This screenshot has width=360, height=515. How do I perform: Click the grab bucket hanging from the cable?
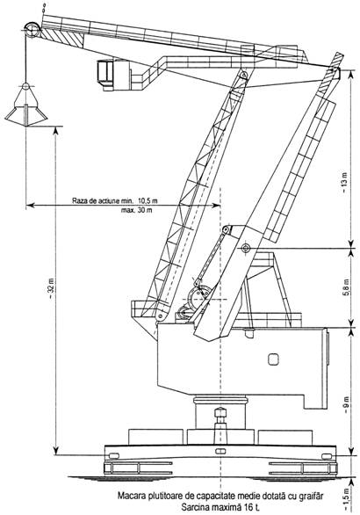[x=25, y=105]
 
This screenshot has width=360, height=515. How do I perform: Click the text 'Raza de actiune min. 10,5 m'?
[x=115, y=200]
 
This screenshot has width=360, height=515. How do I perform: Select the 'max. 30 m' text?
[x=136, y=210]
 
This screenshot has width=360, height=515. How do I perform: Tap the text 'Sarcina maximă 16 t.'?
[x=220, y=507]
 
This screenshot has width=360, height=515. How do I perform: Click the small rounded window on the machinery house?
[x=273, y=359]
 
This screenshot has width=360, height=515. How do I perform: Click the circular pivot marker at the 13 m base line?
[x=245, y=249]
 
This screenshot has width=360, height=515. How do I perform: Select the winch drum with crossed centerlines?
[x=198, y=297]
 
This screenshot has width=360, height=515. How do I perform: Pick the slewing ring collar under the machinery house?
[x=220, y=401]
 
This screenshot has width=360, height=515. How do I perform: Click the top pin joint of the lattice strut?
[x=243, y=76]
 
